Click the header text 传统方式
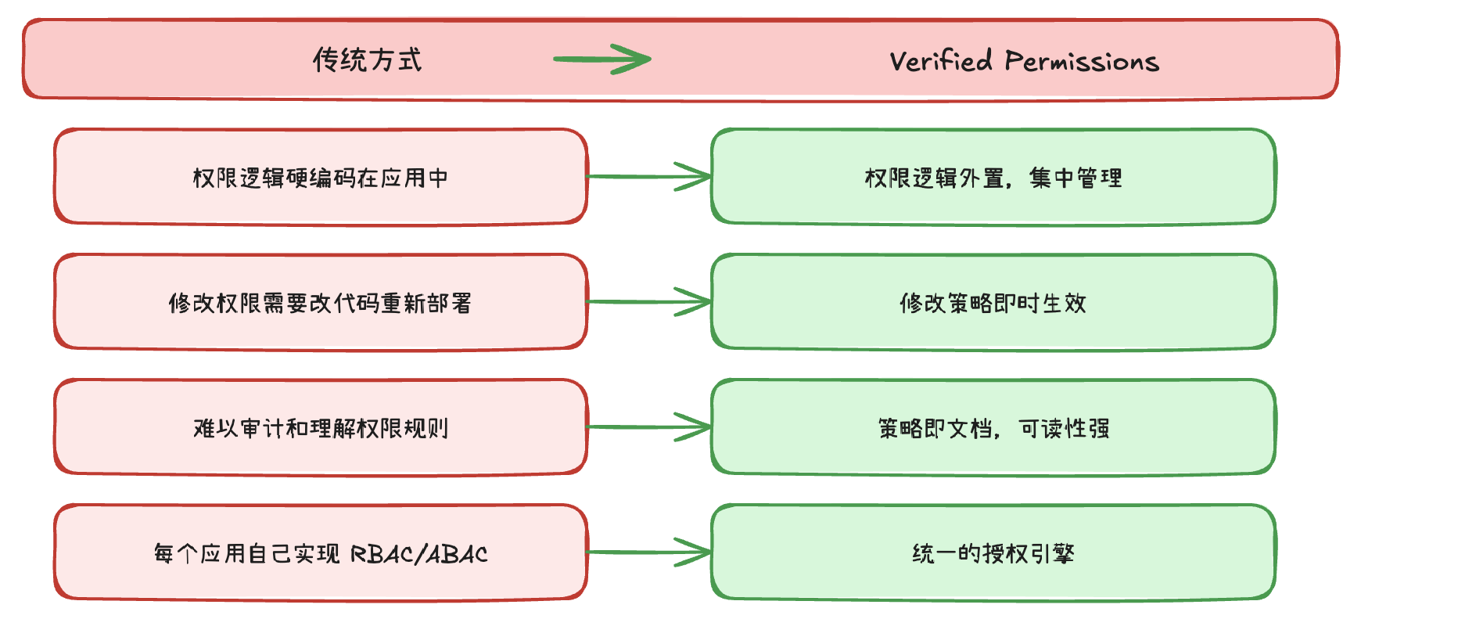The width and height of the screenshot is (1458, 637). tap(367, 60)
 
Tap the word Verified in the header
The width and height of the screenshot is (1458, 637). tap(940, 61)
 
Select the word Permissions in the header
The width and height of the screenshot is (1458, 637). tap(1081, 61)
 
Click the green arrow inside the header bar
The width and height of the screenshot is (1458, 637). tap(602, 59)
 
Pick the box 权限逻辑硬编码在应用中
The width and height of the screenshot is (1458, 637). tap(321, 178)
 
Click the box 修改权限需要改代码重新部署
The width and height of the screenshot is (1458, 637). tap(321, 303)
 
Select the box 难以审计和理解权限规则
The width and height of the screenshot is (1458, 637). tap(321, 428)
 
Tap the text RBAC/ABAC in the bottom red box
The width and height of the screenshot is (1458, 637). tap(418, 554)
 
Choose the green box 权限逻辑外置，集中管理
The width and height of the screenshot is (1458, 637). tap(993, 178)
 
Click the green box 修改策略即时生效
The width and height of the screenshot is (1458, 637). tap(993, 303)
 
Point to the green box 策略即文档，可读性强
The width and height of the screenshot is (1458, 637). tap(993, 428)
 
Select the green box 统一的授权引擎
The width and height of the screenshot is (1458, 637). tap(993, 553)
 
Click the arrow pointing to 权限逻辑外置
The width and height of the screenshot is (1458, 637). tap(648, 177)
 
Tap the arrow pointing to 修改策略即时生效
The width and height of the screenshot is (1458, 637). tap(648, 302)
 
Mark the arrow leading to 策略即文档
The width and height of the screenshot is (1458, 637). tap(648, 427)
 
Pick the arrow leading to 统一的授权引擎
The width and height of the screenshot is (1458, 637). tap(648, 552)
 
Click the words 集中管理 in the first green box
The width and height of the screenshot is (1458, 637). tap(1076, 178)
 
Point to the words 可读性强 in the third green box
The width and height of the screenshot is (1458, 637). tap(1065, 429)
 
